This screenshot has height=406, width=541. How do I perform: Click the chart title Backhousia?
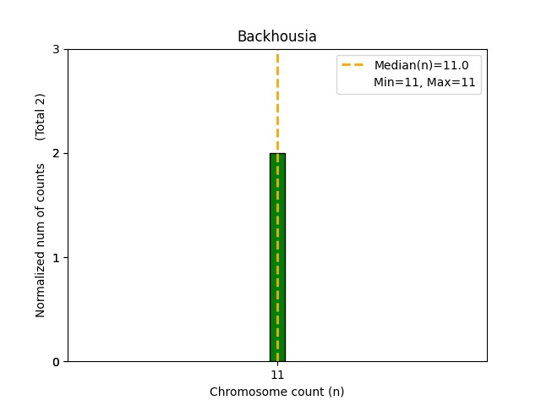(276, 36)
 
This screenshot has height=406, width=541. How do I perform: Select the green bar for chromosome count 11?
(277, 257)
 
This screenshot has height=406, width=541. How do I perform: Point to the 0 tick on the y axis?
(56, 362)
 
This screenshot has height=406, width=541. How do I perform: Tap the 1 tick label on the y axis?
(56, 258)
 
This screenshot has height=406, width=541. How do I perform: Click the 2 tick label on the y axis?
(56, 154)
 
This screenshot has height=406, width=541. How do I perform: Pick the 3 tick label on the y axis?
(56, 50)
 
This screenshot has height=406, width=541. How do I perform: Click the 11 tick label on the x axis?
(277, 375)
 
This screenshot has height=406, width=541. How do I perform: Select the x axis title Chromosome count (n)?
(276, 392)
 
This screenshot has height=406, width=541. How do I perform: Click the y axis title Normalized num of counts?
(41, 240)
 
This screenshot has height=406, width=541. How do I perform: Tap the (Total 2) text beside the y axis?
(41, 116)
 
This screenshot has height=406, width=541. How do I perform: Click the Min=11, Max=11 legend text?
(424, 82)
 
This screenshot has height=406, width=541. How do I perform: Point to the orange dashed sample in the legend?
(352, 64)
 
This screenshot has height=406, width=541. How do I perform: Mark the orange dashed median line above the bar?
(277, 101)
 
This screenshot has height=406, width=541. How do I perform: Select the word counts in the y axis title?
(41, 179)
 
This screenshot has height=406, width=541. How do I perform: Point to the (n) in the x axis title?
(336, 392)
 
